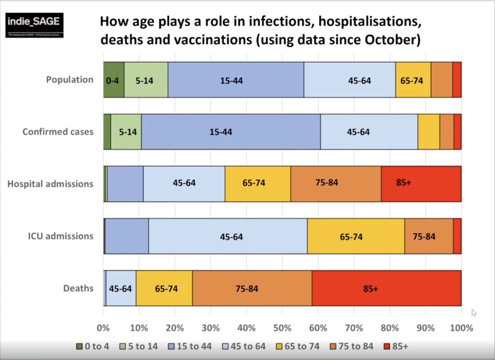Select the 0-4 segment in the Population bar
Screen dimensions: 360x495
(x=113, y=80)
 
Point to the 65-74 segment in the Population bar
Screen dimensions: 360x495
(x=413, y=80)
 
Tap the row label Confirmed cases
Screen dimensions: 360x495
(x=58, y=132)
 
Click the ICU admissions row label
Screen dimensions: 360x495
(x=61, y=236)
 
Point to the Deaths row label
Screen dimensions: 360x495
(x=78, y=288)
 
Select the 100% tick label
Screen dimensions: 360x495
(x=461, y=328)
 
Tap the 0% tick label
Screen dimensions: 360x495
(x=103, y=328)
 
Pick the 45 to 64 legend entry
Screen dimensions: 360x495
(x=244, y=346)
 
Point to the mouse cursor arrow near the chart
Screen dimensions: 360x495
(x=474, y=312)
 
